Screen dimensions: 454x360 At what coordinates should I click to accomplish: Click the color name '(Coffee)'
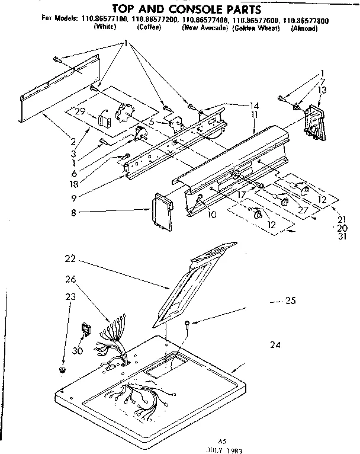[x=149, y=28]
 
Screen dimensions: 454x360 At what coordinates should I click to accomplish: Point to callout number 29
[x=81, y=111]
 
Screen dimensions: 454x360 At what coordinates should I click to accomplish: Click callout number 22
[x=71, y=258]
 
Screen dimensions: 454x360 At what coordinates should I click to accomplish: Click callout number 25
[x=290, y=301]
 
